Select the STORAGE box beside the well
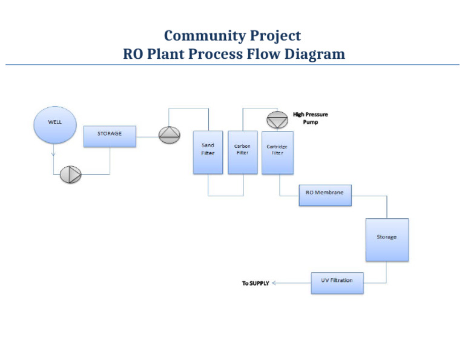(110, 136)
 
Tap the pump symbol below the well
(70, 175)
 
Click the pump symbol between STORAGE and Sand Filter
(169, 135)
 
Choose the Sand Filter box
(208, 152)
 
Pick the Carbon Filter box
(242, 152)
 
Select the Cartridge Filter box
(277, 152)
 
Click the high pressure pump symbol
(277, 119)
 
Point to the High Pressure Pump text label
(311, 118)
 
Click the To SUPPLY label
(256, 284)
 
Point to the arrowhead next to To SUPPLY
(274, 283)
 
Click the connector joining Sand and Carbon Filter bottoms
(225, 195)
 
